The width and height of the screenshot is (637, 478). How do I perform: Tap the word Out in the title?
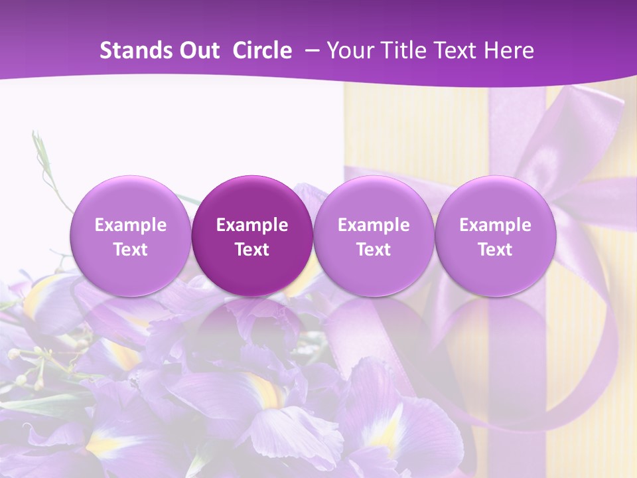198,50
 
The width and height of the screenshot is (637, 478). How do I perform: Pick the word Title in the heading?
399,50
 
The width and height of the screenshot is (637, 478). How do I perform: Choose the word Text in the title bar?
457,50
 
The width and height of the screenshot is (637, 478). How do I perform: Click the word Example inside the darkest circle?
252,225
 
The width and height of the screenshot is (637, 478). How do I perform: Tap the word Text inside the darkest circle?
252,250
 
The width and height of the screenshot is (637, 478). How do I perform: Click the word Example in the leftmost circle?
130,225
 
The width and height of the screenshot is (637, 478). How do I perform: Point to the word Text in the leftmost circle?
130,250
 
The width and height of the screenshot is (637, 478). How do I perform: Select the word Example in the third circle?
374,225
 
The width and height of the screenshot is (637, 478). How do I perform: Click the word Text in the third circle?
374,250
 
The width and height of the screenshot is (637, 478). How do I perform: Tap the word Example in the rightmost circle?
495,225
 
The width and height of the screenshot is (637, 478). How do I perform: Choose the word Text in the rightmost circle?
495,250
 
